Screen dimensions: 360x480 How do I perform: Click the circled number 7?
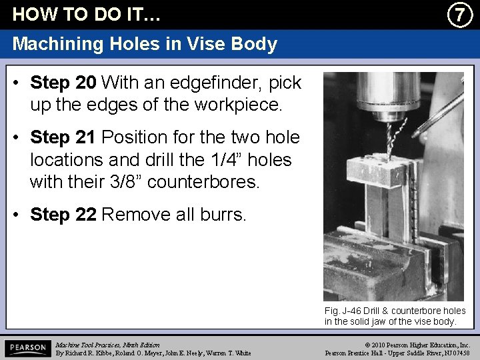[x=459, y=14]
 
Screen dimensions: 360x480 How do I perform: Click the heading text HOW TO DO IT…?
[x=87, y=14]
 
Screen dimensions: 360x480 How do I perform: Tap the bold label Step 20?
[x=63, y=83]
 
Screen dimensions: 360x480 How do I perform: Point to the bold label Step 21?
[x=63, y=138]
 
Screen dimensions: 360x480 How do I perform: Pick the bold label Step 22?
[x=63, y=215]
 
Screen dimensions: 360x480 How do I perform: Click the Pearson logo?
[x=27, y=349]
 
